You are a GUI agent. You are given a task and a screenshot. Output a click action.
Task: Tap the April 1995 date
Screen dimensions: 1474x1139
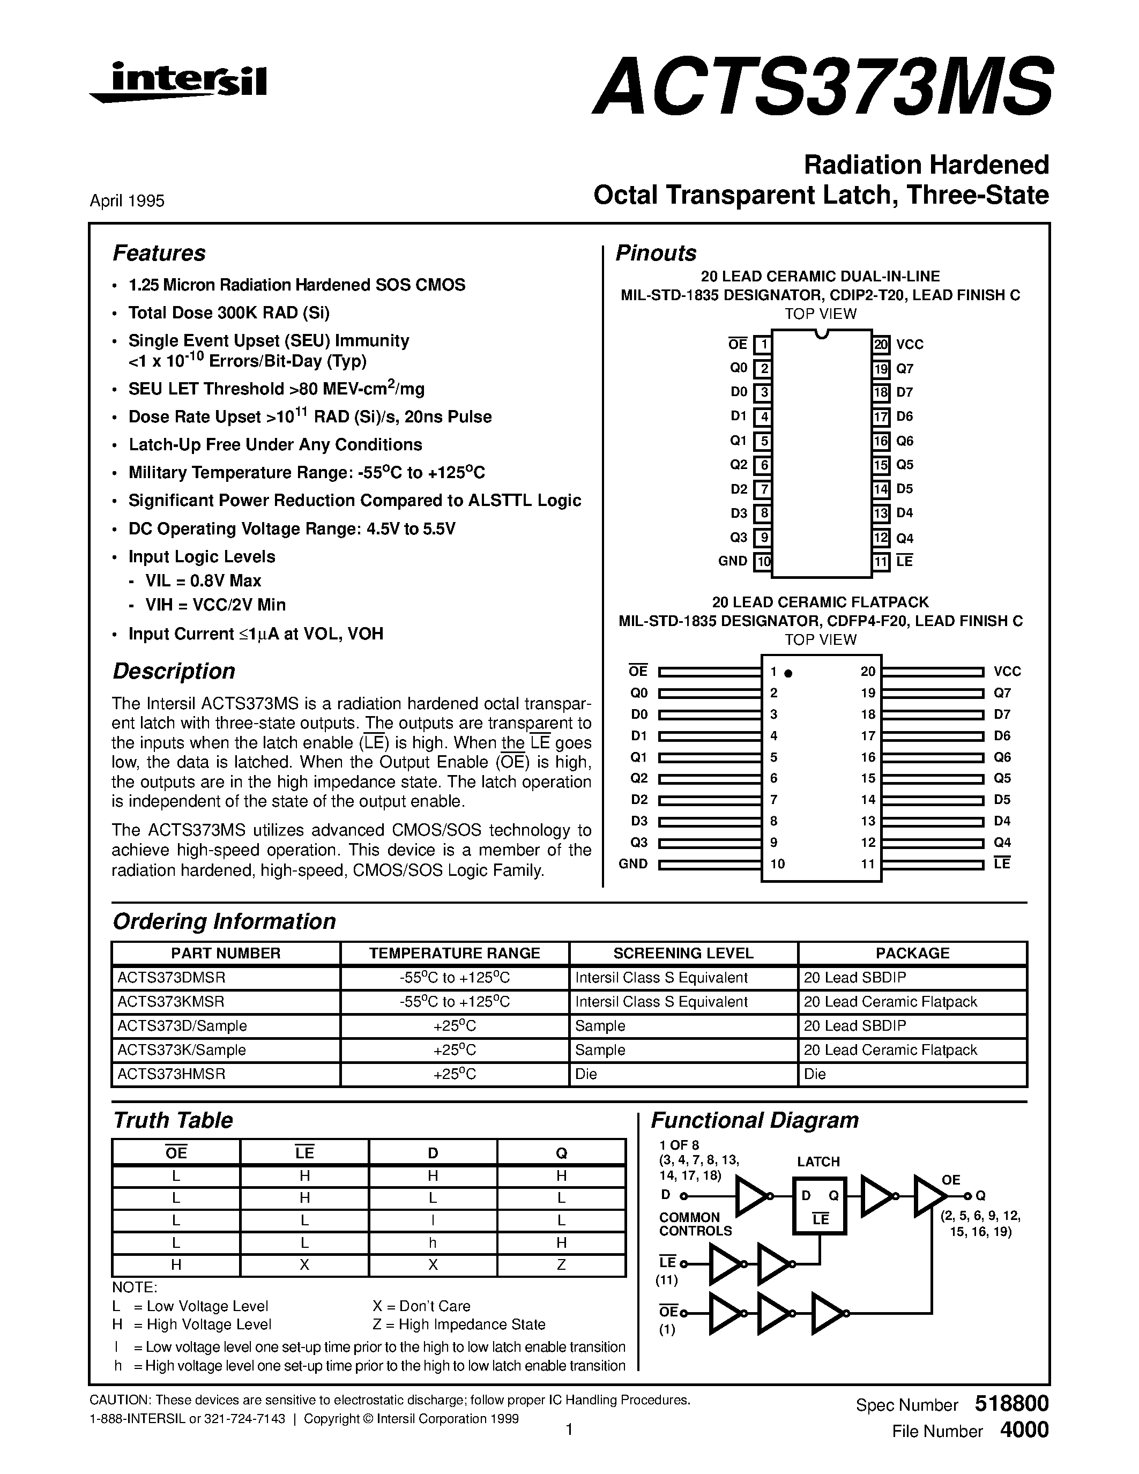[127, 201]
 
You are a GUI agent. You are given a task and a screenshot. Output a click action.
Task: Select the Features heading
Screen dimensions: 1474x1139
[159, 253]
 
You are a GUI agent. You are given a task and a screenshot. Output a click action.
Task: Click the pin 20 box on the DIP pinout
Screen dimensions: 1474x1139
[881, 345]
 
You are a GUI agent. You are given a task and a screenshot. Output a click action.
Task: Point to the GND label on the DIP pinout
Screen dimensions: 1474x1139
[732, 561]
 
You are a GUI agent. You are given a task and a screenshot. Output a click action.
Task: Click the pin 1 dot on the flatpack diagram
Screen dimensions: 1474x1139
[788, 673]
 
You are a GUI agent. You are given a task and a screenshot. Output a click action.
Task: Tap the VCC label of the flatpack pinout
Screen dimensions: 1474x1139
[1007, 672]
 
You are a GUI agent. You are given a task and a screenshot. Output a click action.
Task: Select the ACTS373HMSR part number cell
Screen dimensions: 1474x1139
[172, 1074]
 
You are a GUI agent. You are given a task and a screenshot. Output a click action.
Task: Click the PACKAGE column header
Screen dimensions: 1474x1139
[912, 953]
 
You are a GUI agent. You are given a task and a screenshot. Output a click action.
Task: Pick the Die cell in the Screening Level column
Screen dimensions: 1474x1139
[586, 1074]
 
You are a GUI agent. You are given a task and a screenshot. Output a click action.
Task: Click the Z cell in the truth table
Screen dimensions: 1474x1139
[561, 1265]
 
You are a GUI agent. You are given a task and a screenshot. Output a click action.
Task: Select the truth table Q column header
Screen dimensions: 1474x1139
[561, 1153]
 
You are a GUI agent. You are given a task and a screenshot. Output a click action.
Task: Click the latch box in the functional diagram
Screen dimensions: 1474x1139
[819, 1206]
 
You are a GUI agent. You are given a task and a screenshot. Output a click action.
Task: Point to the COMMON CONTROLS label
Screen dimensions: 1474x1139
[695, 1224]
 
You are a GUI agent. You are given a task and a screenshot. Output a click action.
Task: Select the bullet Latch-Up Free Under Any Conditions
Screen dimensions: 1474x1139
[276, 445]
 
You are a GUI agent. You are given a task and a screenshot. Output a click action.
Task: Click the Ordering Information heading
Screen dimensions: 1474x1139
[224, 921]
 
